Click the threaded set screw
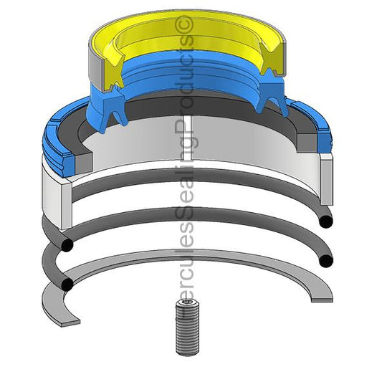[187, 328]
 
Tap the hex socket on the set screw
[187, 303]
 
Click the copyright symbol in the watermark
[184, 24]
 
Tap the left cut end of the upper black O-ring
[66, 245]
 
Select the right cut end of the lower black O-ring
[326, 261]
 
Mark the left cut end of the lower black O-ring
[67, 284]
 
